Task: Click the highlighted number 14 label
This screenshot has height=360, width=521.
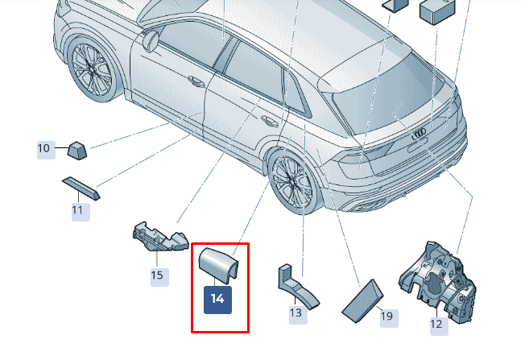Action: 217,300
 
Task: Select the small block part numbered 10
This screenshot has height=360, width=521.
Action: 77,151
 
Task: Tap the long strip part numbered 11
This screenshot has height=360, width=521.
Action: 81,188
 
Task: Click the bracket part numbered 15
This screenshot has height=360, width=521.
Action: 160,237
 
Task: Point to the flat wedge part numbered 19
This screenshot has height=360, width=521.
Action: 362,301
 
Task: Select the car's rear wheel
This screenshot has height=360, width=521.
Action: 293,183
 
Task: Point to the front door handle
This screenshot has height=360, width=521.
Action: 196,81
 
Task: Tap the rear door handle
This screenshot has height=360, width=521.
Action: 270,121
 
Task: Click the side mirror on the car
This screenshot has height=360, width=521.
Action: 151,40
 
